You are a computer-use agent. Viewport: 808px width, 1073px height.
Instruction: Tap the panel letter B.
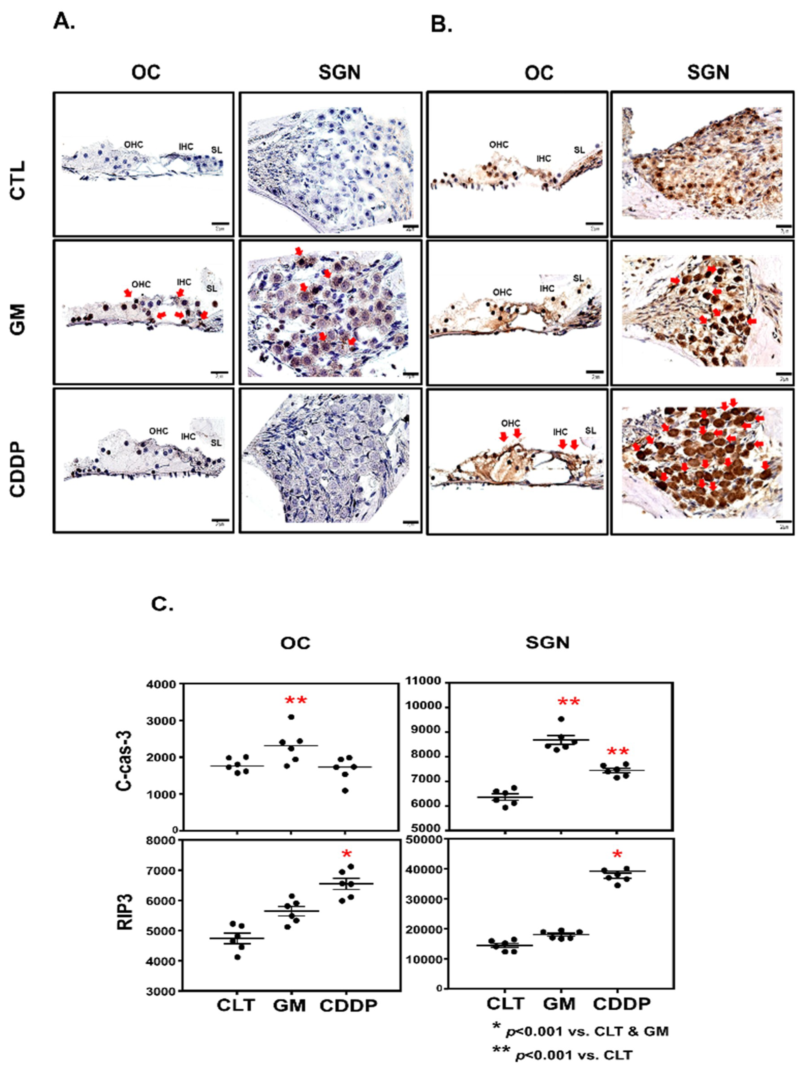441,24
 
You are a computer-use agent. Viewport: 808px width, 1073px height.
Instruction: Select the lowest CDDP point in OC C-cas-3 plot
345,791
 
